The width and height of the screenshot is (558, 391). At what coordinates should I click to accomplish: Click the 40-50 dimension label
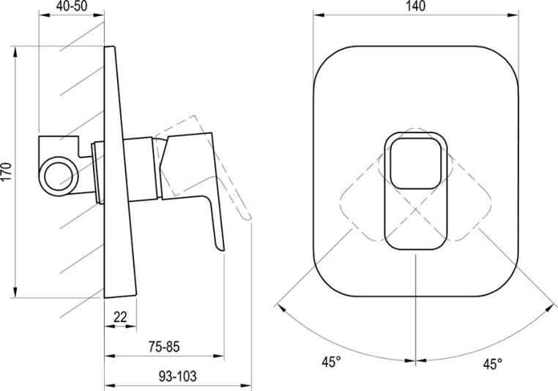72,6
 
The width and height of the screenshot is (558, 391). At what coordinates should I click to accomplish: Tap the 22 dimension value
120,316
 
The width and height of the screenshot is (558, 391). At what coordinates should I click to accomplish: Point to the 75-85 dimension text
164,346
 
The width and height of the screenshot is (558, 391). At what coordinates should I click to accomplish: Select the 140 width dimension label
415,6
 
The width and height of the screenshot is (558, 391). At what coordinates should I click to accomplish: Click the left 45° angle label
331,362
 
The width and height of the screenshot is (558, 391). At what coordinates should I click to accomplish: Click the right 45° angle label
493,363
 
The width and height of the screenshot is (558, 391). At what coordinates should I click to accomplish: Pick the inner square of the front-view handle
415,164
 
